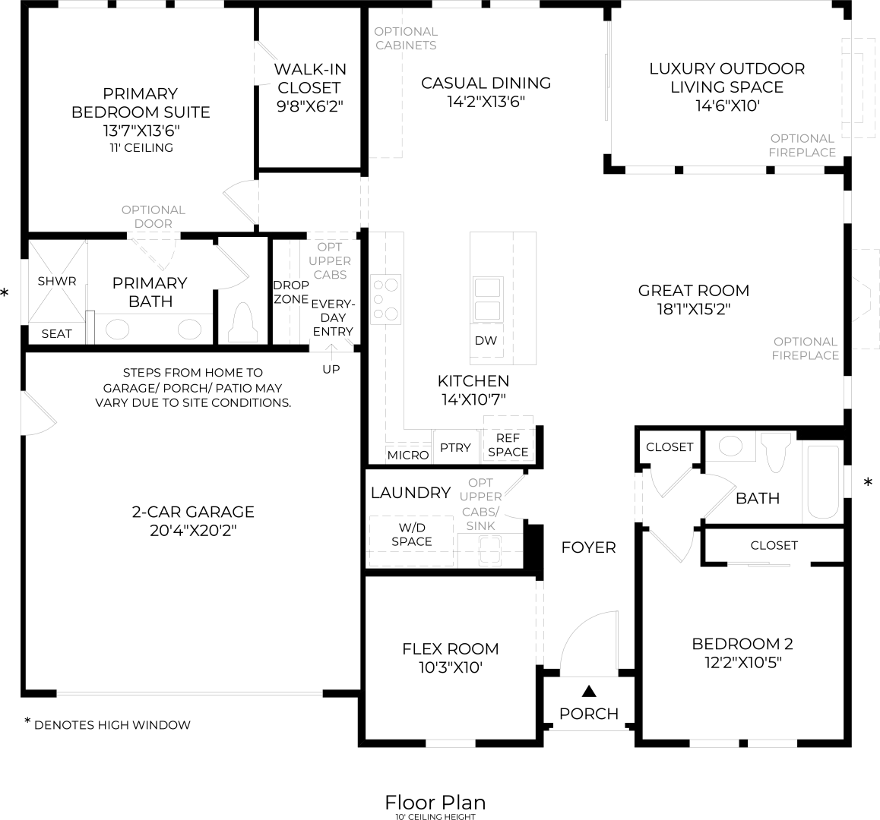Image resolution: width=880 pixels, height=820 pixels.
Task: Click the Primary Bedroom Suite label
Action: click(140, 102)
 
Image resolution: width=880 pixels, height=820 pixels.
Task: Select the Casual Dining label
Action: click(486, 83)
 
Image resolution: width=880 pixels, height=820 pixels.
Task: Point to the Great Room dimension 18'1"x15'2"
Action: click(693, 309)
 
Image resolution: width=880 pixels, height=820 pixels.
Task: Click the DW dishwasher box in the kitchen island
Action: click(486, 340)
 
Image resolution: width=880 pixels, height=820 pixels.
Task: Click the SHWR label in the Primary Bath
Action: click(57, 281)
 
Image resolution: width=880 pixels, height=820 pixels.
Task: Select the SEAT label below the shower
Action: click(57, 333)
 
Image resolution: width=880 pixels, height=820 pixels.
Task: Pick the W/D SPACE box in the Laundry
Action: click(411, 535)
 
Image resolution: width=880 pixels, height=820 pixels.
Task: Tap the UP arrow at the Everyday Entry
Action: click(331, 351)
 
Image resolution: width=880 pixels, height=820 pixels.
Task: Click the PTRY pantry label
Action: click(455, 448)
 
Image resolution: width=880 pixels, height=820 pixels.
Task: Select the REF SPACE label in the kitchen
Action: click(508, 445)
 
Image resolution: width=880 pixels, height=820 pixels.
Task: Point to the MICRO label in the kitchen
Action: click(408, 455)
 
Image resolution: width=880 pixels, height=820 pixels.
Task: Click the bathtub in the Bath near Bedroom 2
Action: click(822, 481)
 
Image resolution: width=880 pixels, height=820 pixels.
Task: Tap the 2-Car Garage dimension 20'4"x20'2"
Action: click(193, 530)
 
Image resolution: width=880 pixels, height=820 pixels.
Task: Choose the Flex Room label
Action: click(450, 648)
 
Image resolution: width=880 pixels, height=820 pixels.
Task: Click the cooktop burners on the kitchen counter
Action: click(385, 299)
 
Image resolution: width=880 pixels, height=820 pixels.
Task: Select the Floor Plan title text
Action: click(435, 802)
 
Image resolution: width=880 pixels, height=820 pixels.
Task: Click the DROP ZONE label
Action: click(291, 292)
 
